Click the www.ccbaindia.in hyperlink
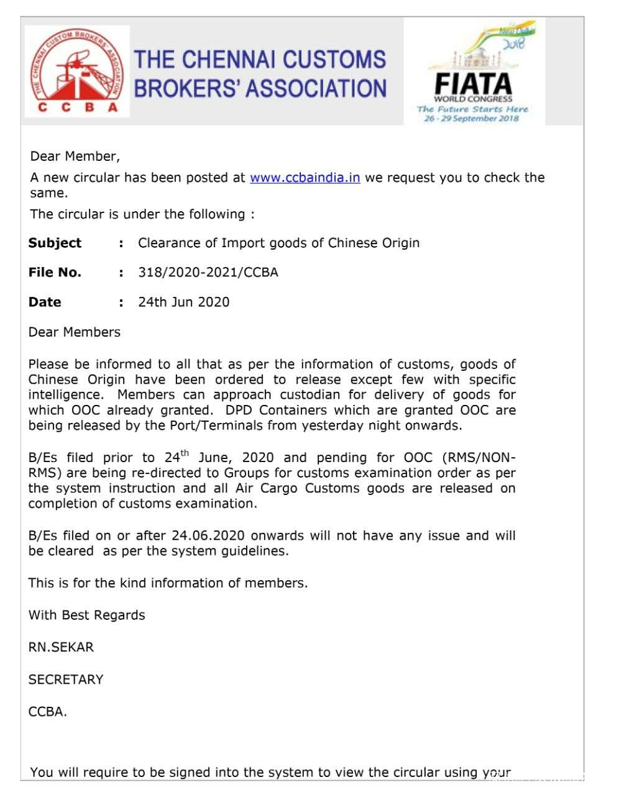tap(305, 178)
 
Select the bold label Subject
tap(55, 243)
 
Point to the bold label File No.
tap(55, 272)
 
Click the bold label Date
tap(45, 302)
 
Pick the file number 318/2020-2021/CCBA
tap(208, 272)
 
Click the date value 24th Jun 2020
tap(183, 302)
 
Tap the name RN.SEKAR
tap(61, 647)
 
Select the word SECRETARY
tap(66, 679)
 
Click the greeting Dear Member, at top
tap(75, 156)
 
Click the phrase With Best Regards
tap(86, 615)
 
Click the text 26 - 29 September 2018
tap(471, 119)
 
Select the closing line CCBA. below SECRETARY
tap(47, 712)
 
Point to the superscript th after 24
tap(185, 453)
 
